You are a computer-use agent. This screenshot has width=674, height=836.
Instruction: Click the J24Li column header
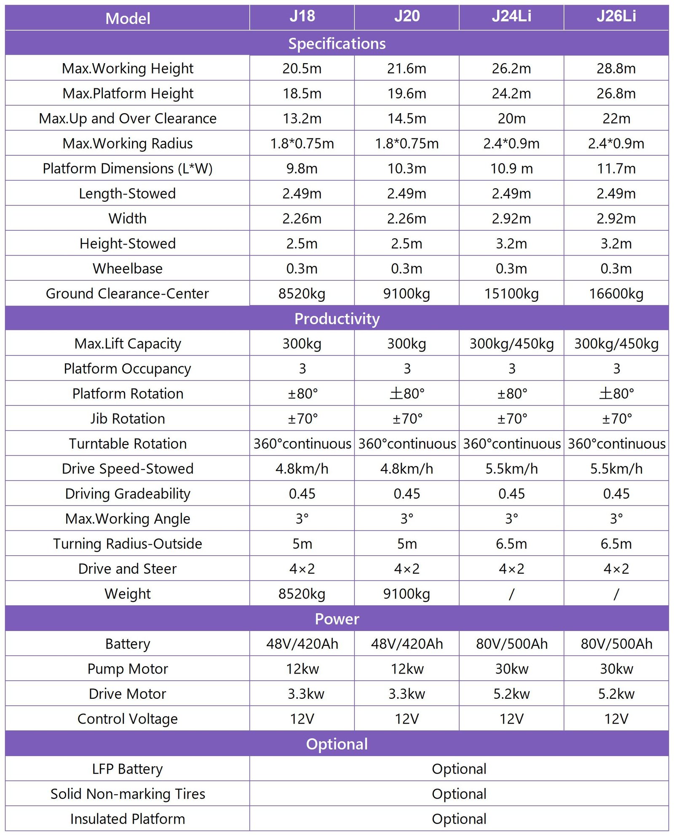click(x=511, y=16)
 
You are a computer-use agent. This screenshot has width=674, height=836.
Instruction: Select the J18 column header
click(x=302, y=16)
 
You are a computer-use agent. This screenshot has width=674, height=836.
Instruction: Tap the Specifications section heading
click(x=337, y=43)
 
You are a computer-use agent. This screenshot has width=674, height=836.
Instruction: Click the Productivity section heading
click(x=337, y=319)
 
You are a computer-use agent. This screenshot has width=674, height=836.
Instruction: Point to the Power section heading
click(x=337, y=619)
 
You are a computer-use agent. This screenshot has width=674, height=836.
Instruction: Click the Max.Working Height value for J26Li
click(x=616, y=68)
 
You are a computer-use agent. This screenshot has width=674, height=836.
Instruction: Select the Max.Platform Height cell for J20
click(x=407, y=93)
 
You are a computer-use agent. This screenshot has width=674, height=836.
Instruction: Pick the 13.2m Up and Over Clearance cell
click(x=302, y=119)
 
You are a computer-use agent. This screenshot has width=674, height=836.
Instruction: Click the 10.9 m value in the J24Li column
click(x=511, y=168)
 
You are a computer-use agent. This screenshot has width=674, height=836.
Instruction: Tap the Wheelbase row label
click(x=128, y=269)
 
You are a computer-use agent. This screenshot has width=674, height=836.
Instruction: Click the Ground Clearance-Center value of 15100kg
click(x=511, y=293)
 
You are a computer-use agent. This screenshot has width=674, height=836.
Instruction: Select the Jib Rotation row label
click(x=128, y=418)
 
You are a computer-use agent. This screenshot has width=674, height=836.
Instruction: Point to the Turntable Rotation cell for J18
click(x=302, y=444)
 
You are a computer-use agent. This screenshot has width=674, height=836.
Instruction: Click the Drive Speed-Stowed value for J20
click(x=407, y=469)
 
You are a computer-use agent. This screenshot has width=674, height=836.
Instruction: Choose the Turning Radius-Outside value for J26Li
click(x=616, y=544)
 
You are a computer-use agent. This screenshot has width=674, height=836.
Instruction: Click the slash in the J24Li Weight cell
click(x=511, y=594)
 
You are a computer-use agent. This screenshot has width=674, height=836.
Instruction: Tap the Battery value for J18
click(x=302, y=644)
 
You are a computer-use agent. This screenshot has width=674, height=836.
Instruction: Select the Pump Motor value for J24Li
click(x=511, y=669)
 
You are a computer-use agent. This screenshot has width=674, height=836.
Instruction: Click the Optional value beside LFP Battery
click(x=459, y=769)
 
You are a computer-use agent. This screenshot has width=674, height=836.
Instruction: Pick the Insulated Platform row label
click(x=128, y=819)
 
